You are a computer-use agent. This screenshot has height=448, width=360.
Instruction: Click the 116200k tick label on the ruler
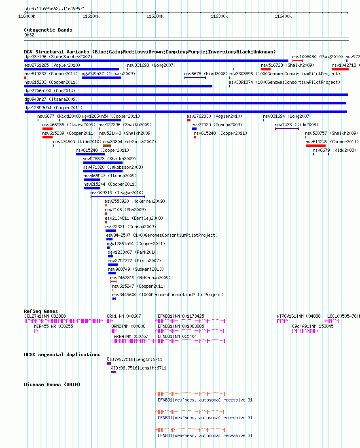[155, 16]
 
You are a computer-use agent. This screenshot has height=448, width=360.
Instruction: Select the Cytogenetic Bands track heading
[48, 30]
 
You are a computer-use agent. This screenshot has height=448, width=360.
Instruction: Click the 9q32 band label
[29, 35]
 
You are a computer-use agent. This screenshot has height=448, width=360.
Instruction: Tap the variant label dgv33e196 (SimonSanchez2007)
[58, 57]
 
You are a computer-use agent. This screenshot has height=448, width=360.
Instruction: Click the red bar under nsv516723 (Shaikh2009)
[266, 69]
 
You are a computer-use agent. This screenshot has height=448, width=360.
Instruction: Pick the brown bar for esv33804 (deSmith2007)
[107, 146]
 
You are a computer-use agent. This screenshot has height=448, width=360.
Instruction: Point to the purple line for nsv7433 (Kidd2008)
[287, 129]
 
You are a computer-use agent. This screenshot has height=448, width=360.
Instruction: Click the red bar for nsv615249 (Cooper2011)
[316, 146]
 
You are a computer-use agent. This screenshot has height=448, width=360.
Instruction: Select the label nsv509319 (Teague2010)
[117, 193]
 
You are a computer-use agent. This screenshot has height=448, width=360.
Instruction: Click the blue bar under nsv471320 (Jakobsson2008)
[102, 171]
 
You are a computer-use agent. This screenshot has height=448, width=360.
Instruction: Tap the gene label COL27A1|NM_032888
[45, 316]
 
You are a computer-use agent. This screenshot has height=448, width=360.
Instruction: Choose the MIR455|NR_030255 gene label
[53, 326]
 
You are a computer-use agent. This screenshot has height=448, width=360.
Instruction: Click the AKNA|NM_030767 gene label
[131, 336]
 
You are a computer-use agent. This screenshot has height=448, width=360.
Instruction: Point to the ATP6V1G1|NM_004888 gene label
[299, 316]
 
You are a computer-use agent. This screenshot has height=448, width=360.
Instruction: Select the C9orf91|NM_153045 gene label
[313, 326]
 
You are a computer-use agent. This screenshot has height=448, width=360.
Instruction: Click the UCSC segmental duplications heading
[62, 355]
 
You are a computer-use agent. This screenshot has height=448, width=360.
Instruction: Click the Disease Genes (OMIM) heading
[52, 384]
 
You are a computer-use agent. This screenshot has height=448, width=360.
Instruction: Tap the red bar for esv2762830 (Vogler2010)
[188, 120]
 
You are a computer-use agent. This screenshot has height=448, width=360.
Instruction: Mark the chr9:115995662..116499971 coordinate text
[55, 8]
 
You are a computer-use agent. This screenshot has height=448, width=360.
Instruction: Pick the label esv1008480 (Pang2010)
[318, 57]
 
